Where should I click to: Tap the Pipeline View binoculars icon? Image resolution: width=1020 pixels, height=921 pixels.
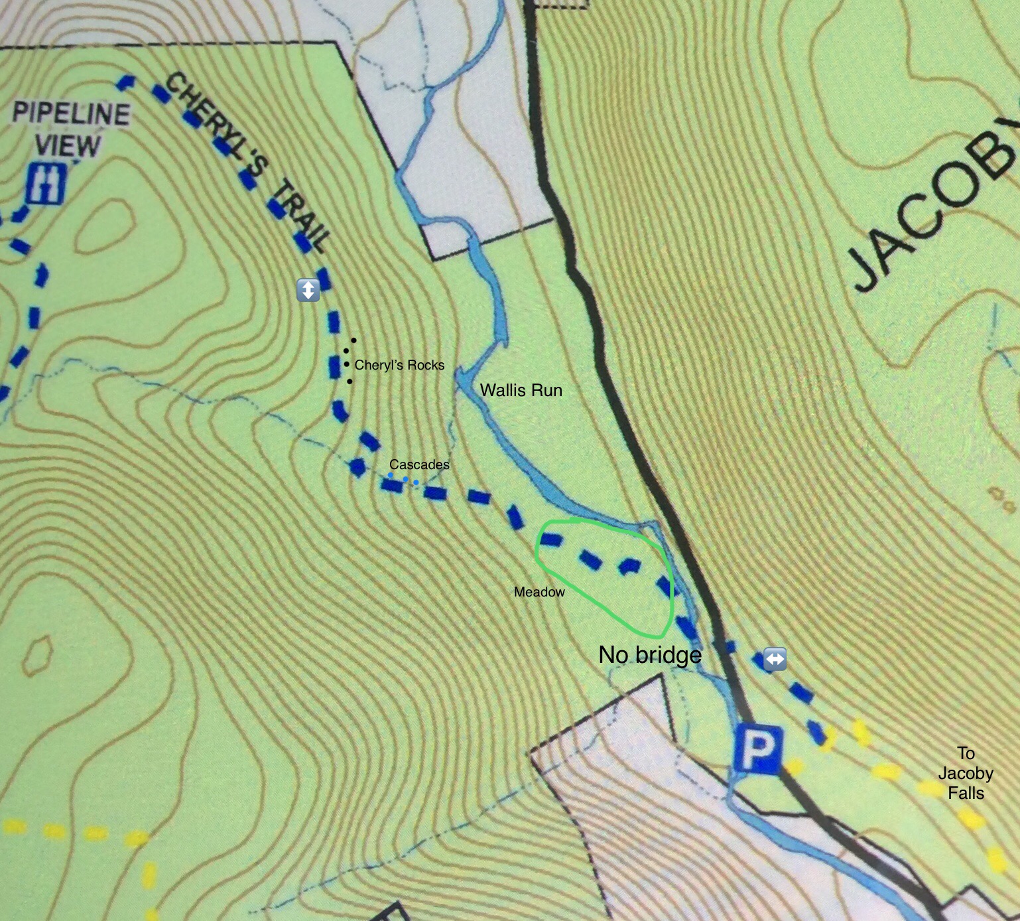point(46,184)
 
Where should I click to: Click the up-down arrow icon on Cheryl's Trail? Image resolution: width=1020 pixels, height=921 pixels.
point(308,290)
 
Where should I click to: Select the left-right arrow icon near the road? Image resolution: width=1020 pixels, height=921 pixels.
point(775,659)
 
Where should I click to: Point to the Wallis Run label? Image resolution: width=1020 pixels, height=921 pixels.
point(521,390)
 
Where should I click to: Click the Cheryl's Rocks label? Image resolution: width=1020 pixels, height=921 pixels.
point(399,365)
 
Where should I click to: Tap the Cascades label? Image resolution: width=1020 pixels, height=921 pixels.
point(419,464)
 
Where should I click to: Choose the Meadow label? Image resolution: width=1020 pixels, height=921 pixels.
point(539,592)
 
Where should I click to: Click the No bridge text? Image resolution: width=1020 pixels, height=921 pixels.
point(649,655)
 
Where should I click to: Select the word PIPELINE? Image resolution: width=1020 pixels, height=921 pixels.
point(71,114)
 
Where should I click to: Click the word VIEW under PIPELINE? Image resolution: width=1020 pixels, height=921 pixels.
point(68,145)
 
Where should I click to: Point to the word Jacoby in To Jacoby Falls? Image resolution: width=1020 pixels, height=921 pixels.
point(966,774)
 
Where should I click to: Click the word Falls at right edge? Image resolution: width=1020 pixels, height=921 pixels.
point(966,793)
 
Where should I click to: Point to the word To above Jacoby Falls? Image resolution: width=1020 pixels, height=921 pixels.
point(966,753)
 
